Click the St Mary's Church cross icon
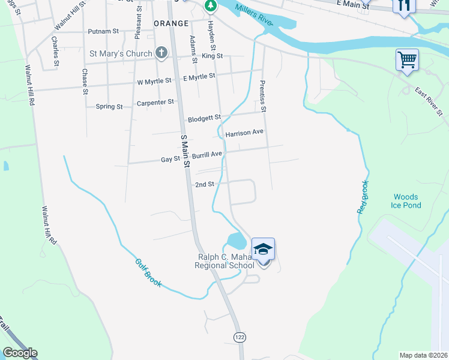(x=161, y=53)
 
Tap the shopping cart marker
(x=407, y=60)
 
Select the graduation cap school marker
(x=263, y=250)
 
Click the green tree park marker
(x=210, y=6)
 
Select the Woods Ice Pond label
(x=407, y=201)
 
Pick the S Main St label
(x=186, y=151)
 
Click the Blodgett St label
(x=204, y=118)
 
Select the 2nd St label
(x=205, y=185)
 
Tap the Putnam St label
(x=103, y=30)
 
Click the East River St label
(x=429, y=101)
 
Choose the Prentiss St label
(x=262, y=97)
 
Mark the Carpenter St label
(x=155, y=103)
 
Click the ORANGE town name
(x=171, y=22)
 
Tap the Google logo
(x=20, y=353)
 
